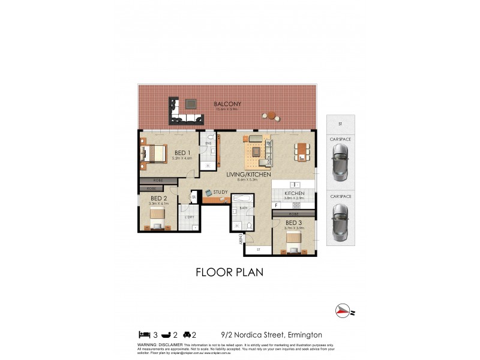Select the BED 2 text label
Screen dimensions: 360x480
coord(158,198)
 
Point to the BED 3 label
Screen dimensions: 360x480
coord(293,223)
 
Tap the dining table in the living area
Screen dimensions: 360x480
coord(302,151)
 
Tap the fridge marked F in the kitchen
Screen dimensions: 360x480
coord(275,206)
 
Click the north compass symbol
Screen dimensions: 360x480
coord(343,310)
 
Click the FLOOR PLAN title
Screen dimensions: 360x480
coord(230,272)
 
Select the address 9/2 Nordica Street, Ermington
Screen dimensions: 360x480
coord(271,335)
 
